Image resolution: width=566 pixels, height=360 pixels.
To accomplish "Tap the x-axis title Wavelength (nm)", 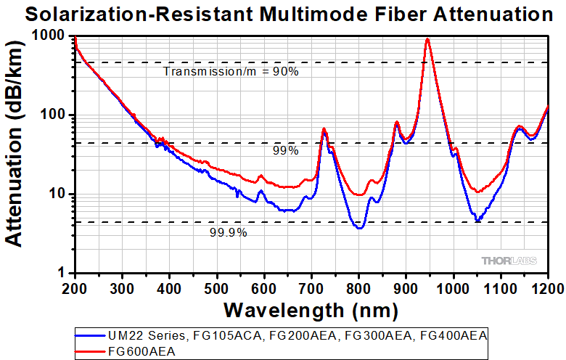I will [x=311, y=310].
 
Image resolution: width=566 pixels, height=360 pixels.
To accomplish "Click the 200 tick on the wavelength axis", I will [x=75, y=289].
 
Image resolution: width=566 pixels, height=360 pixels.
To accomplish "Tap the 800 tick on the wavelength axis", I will [x=358, y=289].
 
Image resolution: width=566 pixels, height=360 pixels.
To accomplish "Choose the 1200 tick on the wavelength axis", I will [x=547, y=289].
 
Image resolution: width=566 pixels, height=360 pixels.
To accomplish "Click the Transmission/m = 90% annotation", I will [x=231, y=72].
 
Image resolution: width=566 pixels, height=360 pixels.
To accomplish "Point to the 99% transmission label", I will [x=285, y=151].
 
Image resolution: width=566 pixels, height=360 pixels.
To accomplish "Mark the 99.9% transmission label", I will [x=229, y=232].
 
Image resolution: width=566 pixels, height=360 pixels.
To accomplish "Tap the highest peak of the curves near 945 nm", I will [x=428, y=39].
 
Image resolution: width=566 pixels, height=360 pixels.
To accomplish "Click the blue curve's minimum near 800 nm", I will [x=359, y=228].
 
